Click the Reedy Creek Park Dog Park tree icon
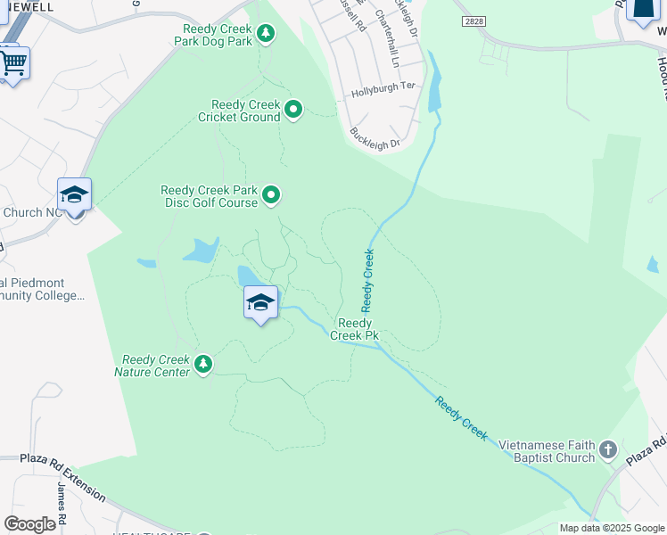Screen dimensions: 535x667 (x=265, y=34)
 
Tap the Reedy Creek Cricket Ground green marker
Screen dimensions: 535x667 (x=293, y=111)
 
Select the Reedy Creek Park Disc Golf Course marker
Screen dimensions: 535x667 (x=271, y=194)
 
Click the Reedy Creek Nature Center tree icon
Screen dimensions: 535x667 (x=203, y=364)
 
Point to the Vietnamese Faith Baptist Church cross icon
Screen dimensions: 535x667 (x=609, y=449)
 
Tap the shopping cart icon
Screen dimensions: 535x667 (x=12, y=63)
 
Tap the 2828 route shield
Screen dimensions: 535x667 (x=474, y=20)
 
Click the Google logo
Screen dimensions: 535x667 (x=29, y=524)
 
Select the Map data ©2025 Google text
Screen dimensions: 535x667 (x=612, y=528)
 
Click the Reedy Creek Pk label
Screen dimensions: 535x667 (x=354, y=329)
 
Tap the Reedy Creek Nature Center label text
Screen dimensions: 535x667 (x=156, y=366)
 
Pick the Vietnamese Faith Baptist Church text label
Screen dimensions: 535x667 (x=547, y=451)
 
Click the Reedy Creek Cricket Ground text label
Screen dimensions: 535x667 (x=239, y=111)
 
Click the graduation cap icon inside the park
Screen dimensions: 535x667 (x=260, y=303)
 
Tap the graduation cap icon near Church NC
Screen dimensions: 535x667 (x=74, y=195)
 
